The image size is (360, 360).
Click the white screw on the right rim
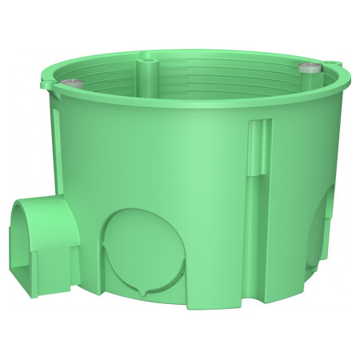306,70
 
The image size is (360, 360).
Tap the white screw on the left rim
74,84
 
